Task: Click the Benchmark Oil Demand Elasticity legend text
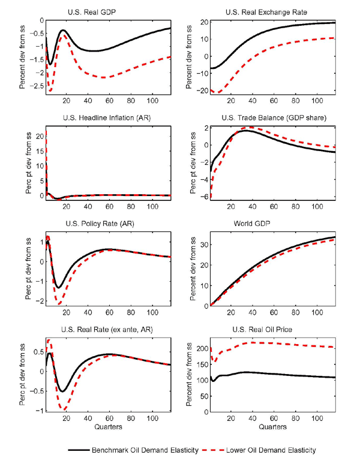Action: pyautogui.click(x=142, y=449)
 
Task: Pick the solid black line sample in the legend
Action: pyautogui.click(x=80, y=449)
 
